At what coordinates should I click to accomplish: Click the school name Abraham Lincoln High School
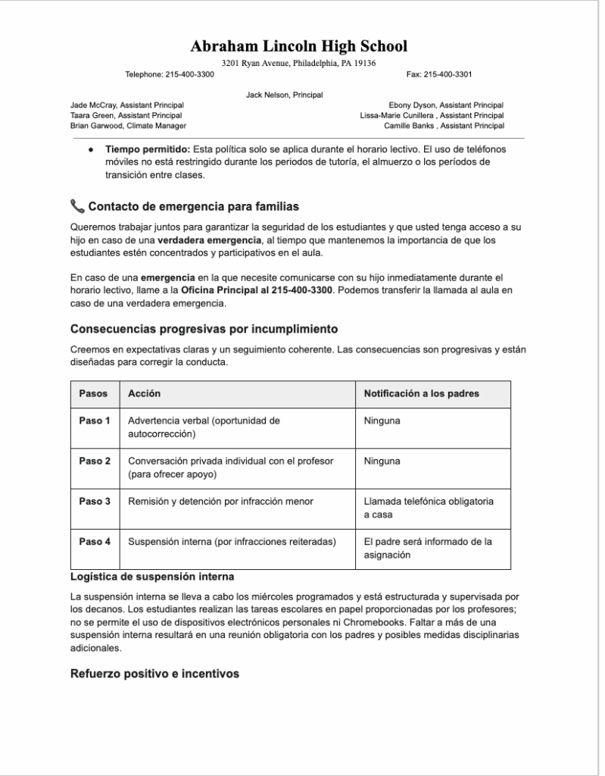pyautogui.click(x=298, y=46)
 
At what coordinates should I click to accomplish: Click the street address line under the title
pyautogui.click(x=298, y=63)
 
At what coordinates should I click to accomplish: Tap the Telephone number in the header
pyautogui.click(x=170, y=74)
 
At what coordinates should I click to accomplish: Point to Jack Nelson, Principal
pyautogui.click(x=285, y=95)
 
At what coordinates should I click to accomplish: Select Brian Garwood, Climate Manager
pyautogui.click(x=128, y=126)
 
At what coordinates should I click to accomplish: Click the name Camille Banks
pyautogui.click(x=409, y=126)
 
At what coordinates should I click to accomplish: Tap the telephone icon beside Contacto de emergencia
pyautogui.click(x=77, y=206)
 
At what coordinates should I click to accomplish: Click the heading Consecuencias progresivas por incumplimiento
pyautogui.click(x=204, y=329)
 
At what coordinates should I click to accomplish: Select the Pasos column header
pyautogui.click(x=94, y=394)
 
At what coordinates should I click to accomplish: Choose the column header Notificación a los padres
pyautogui.click(x=422, y=394)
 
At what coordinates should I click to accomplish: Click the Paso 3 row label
pyautogui.click(x=95, y=501)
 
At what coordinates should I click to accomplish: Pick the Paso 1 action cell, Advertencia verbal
pyautogui.click(x=204, y=427)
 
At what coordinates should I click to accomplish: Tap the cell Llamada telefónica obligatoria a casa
pyautogui.click(x=428, y=508)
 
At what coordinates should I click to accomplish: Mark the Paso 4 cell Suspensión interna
pyautogui.click(x=232, y=542)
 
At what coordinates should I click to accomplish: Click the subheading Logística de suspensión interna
pyautogui.click(x=152, y=577)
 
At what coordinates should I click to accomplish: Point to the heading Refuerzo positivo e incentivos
pyautogui.click(x=154, y=674)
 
